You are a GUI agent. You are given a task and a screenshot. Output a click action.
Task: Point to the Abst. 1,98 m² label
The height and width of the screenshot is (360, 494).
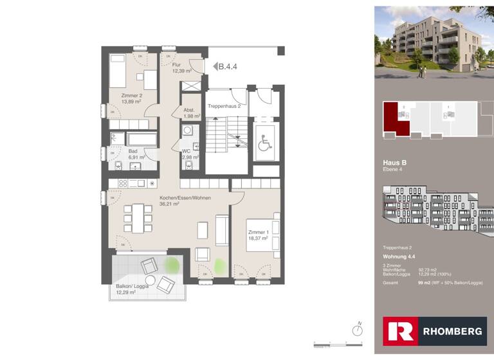pos(190,113)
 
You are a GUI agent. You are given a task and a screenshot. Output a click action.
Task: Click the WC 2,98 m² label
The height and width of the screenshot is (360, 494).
pos(190,154)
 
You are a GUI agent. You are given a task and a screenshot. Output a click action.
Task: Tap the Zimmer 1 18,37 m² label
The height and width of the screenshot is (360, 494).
pos(259,235)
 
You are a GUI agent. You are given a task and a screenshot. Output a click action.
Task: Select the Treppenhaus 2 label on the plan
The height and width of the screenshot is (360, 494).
pos(224,105)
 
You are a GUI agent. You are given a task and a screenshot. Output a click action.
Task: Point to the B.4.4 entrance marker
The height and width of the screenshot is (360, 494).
pos(226,66)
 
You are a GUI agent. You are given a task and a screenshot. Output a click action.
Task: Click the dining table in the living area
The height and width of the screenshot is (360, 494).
pos(138,218)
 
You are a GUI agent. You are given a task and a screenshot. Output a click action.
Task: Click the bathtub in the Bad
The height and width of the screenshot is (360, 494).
pos(141,139)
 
